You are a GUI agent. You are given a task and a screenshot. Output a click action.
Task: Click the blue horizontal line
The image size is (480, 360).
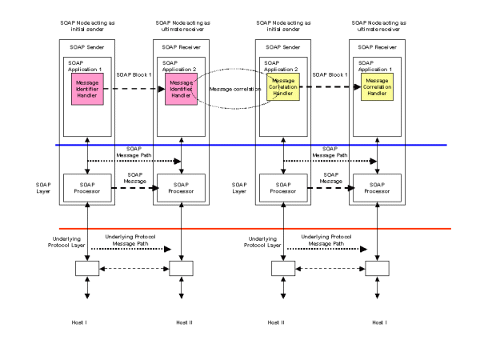pos(240,145)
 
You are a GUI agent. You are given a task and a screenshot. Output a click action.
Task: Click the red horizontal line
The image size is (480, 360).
pos(240,229)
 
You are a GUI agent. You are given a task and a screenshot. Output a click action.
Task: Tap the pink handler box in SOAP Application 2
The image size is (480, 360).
pos(182,90)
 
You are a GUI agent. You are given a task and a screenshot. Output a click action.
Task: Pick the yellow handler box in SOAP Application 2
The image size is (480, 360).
pos(282,90)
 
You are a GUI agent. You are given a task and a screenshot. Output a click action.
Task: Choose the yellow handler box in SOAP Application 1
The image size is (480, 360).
pos(377,90)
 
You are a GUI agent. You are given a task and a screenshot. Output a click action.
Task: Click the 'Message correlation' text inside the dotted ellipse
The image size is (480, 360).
pos(230,89)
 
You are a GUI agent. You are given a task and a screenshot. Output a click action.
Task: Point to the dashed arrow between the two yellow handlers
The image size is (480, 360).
pos(329,89)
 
